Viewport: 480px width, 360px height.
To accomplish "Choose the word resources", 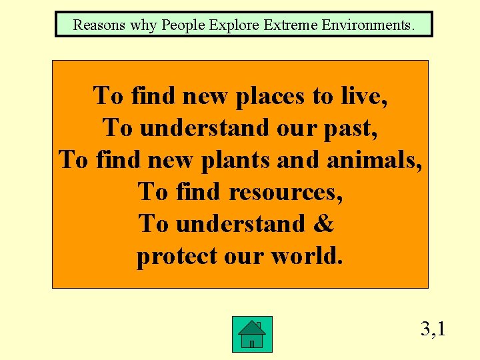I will [x=286, y=192].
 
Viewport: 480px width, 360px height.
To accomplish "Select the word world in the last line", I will [x=307, y=256].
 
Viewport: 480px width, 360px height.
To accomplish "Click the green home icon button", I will [x=252, y=334].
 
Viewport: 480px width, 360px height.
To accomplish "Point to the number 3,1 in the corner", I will [x=433, y=329].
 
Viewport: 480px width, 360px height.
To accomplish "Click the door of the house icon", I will [x=252, y=343].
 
